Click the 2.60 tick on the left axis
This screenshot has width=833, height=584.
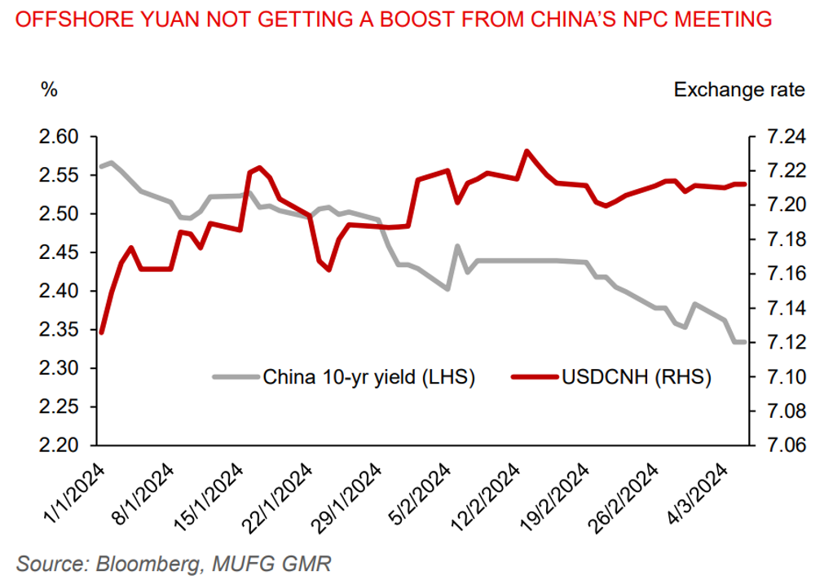pos(58,137)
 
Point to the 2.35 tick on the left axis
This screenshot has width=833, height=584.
pos(58,330)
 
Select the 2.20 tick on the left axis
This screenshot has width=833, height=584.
pos(58,446)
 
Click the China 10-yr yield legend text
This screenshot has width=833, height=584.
pos(368,377)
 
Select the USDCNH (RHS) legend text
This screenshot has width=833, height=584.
pos(636,377)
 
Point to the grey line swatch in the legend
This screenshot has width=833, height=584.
pos(236,377)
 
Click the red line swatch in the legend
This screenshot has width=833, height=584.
pos(535,377)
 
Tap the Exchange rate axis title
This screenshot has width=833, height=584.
pos(738,90)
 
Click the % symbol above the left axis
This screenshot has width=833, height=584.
pos(50,90)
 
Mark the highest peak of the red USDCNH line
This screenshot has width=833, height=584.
pos(527,151)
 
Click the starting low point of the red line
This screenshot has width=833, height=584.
pos(102,332)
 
